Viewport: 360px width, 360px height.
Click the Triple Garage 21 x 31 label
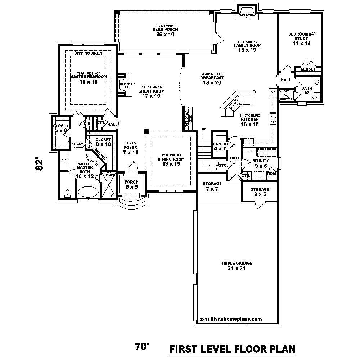[237, 266]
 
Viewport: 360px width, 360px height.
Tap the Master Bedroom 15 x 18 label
[88, 79]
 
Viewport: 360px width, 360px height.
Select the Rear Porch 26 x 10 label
[165, 32]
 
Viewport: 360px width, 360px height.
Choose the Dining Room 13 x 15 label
[171, 161]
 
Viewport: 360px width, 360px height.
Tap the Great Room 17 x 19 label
[152, 94]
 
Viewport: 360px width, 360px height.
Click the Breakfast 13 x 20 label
[212, 80]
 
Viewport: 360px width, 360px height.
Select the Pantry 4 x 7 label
[221, 146]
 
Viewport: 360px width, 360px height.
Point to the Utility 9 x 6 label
[261, 163]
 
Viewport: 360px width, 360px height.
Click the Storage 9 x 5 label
[260, 192]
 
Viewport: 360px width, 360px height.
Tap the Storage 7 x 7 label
[212, 186]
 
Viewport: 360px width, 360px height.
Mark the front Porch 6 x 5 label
[131, 184]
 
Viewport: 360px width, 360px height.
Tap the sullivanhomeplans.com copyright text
[230, 319]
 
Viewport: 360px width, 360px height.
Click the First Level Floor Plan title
[232, 349]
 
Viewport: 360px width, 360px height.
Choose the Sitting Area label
[88, 53]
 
